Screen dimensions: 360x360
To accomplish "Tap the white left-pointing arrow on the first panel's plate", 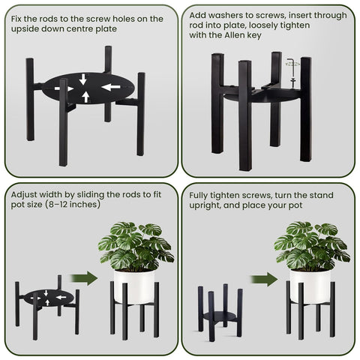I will [110, 87].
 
